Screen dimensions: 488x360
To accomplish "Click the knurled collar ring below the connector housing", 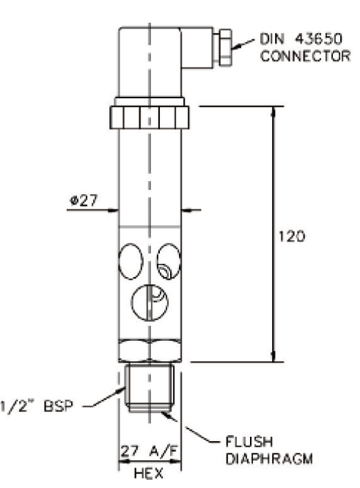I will [150, 117].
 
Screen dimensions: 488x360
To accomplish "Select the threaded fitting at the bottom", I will [150, 392].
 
